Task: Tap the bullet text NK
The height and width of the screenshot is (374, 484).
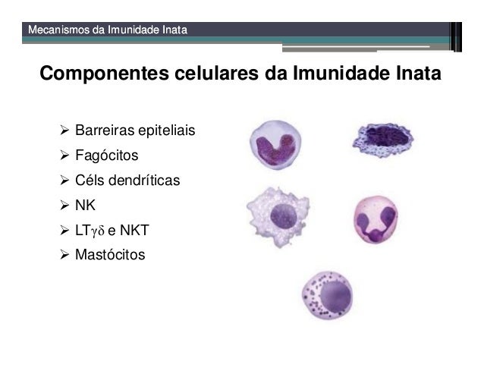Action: point(86,205)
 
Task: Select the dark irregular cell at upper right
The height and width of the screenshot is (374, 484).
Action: point(382,141)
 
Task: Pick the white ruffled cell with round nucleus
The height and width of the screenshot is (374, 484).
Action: point(278,213)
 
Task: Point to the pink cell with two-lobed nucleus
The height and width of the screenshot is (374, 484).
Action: point(376,219)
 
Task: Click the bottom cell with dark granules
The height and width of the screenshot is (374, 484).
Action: point(327,294)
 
